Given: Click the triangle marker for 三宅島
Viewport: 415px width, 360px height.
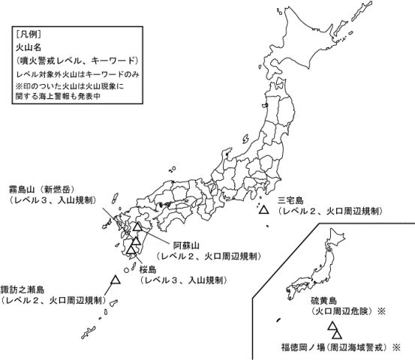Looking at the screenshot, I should coord(263,211).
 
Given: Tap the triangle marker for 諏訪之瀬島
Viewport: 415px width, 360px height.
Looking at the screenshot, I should coord(116,280).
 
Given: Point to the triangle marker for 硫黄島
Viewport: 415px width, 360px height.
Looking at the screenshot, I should coord(331,326).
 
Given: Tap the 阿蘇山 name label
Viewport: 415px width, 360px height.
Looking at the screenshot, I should coord(186,245).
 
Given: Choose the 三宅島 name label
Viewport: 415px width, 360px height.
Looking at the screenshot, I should coord(290,200).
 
